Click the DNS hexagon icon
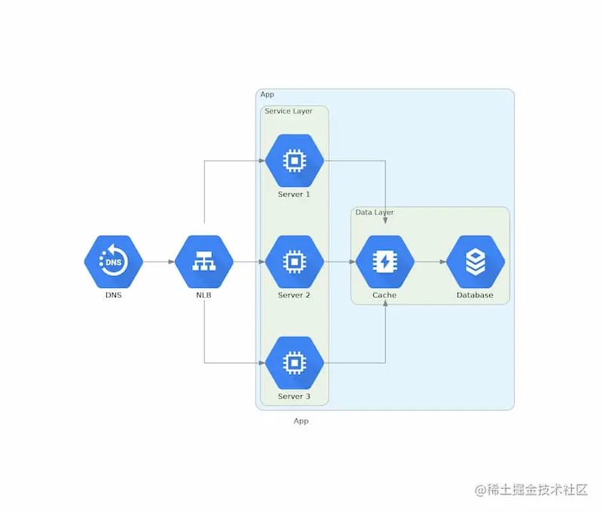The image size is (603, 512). tap(113, 262)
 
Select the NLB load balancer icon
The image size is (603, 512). tap(204, 262)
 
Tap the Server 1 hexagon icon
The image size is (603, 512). tap(294, 160)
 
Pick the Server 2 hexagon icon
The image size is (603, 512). tap(294, 262)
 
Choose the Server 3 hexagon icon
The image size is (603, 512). tap(294, 363)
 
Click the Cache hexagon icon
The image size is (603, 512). tap(384, 262)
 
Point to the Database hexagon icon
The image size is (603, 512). tap(475, 262)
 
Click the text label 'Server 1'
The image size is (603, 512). tap(294, 195)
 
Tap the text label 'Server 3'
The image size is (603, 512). tap(294, 397)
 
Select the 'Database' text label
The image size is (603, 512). tap(475, 296)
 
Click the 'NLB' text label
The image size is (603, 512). tap(204, 296)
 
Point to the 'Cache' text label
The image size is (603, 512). tap(384, 296)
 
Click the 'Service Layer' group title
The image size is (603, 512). tap(288, 112)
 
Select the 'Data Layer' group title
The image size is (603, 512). tap(375, 213)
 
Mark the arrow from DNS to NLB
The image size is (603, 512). tap(158, 262)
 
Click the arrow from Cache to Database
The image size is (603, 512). tap(430, 262)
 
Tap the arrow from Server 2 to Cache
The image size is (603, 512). tap(339, 262)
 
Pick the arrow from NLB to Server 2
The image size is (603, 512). tap(249, 262)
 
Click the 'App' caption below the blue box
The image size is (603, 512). tap(301, 422)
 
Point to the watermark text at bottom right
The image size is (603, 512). tap(531, 489)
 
